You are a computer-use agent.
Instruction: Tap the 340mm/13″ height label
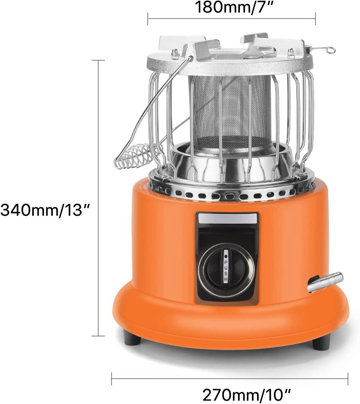click(45, 210)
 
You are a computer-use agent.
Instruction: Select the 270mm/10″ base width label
click(247, 389)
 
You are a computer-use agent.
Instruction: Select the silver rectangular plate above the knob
click(228, 218)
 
